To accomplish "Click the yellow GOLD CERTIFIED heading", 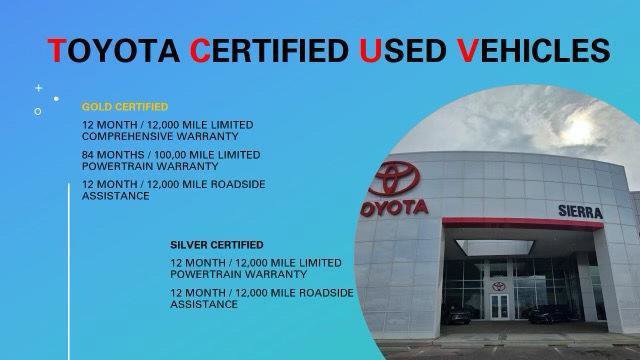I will pos(125,105).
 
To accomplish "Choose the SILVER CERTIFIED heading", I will pos(216,244).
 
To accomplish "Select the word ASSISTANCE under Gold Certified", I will pos(116,196).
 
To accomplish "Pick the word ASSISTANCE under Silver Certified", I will pos(204,303).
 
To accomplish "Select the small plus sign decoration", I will pos(39,88).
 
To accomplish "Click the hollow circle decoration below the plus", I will pos(38,111).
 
